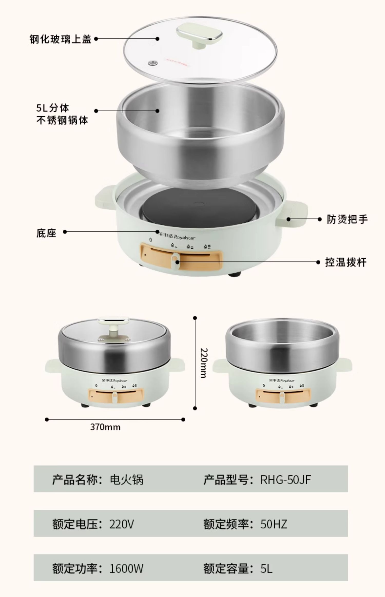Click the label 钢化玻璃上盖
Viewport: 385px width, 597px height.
pyautogui.click(x=61, y=39)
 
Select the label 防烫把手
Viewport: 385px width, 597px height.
pyautogui.click(x=347, y=219)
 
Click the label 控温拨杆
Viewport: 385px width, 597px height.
pyautogui.click(x=345, y=263)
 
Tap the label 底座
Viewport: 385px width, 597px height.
pyautogui.click(x=46, y=233)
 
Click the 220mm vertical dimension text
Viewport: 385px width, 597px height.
pyautogui.click(x=203, y=363)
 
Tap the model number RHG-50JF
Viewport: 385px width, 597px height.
pyautogui.click(x=285, y=480)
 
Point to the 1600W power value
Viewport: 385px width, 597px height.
pyautogui.click(x=126, y=569)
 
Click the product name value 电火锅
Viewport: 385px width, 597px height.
pyautogui.click(x=126, y=480)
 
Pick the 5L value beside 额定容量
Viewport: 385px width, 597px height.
pyautogui.click(x=266, y=569)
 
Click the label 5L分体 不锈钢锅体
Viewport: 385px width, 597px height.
pyautogui.click(x=62, y=114)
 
